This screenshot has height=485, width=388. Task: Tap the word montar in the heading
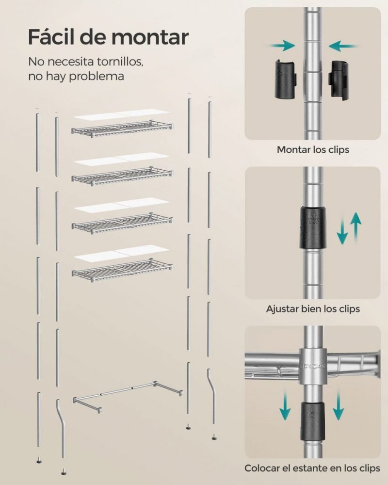(150, 37)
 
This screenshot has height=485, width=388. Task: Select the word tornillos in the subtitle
(120, 62)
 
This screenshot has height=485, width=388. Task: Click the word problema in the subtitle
(96, 76)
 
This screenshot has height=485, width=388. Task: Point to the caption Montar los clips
(313, 150)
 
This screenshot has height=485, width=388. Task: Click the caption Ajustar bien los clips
(313, 308)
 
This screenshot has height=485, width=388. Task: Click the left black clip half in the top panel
(286, 79)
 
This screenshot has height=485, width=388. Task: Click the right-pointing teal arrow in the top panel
(282, 46)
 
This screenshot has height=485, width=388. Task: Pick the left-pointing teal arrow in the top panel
(343, 46)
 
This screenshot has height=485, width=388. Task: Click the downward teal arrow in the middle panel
(342, 231)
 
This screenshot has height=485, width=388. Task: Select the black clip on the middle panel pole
(312, 228)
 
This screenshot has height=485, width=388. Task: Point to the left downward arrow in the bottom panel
(285, 405)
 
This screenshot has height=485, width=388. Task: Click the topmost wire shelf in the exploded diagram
(122, 129)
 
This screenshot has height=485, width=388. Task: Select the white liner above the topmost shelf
(122, 114)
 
